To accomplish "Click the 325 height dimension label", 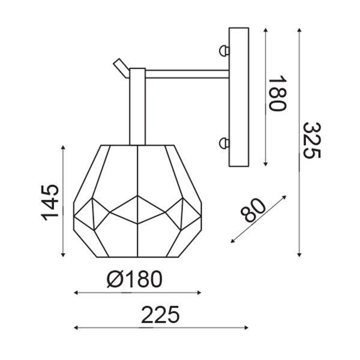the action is coord(311,140).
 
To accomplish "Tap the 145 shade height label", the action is coord(50,202).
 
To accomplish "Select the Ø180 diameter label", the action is coord(134,279).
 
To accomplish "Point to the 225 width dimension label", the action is coord(160,314).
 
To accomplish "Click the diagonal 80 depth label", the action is coord(253,210).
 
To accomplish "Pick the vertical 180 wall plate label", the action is coord(278,93).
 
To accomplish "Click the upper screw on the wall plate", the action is coord(224,51).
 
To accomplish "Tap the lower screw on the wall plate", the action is coord(224,143).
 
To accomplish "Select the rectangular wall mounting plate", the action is coord(239,97).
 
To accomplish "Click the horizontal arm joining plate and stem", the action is coord(187,74).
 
